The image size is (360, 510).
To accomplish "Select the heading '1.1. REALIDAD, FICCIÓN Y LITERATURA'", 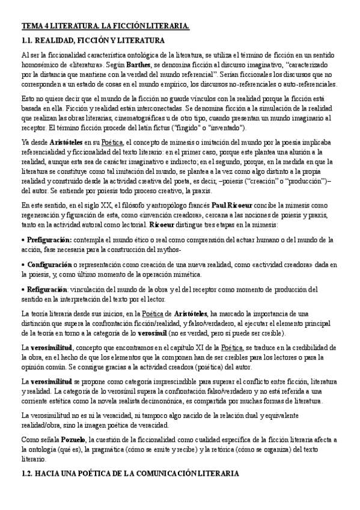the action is (x=93, y=40).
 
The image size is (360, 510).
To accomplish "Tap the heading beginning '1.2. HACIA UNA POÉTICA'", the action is (x=130, y=475).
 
